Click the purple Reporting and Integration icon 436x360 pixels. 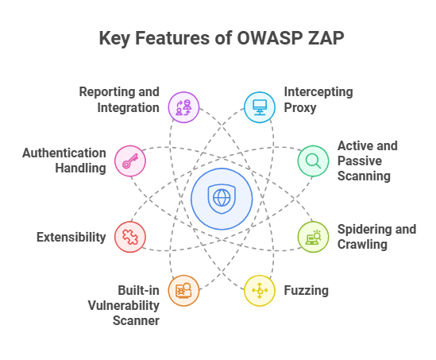[183, 107]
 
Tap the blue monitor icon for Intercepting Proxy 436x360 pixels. [260, 107]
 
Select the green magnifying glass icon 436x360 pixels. [313, 161]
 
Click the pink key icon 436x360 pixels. [130, 161]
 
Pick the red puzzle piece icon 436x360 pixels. [130, 237]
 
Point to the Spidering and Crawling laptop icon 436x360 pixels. [314, 237]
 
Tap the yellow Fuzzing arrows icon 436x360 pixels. [260, 291]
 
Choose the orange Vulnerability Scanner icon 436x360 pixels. [183, 291]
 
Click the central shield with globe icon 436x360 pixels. [222, 199]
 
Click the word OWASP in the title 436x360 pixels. [269, 38]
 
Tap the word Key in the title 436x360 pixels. [114, 38]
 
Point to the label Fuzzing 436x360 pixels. [306, 291]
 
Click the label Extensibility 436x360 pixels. [71, 238]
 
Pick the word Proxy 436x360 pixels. [300, 108]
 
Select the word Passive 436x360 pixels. [360, 161]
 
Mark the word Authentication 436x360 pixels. [64, 153]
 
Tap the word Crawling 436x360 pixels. [362, 245]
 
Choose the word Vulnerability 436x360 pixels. [124, 306]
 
